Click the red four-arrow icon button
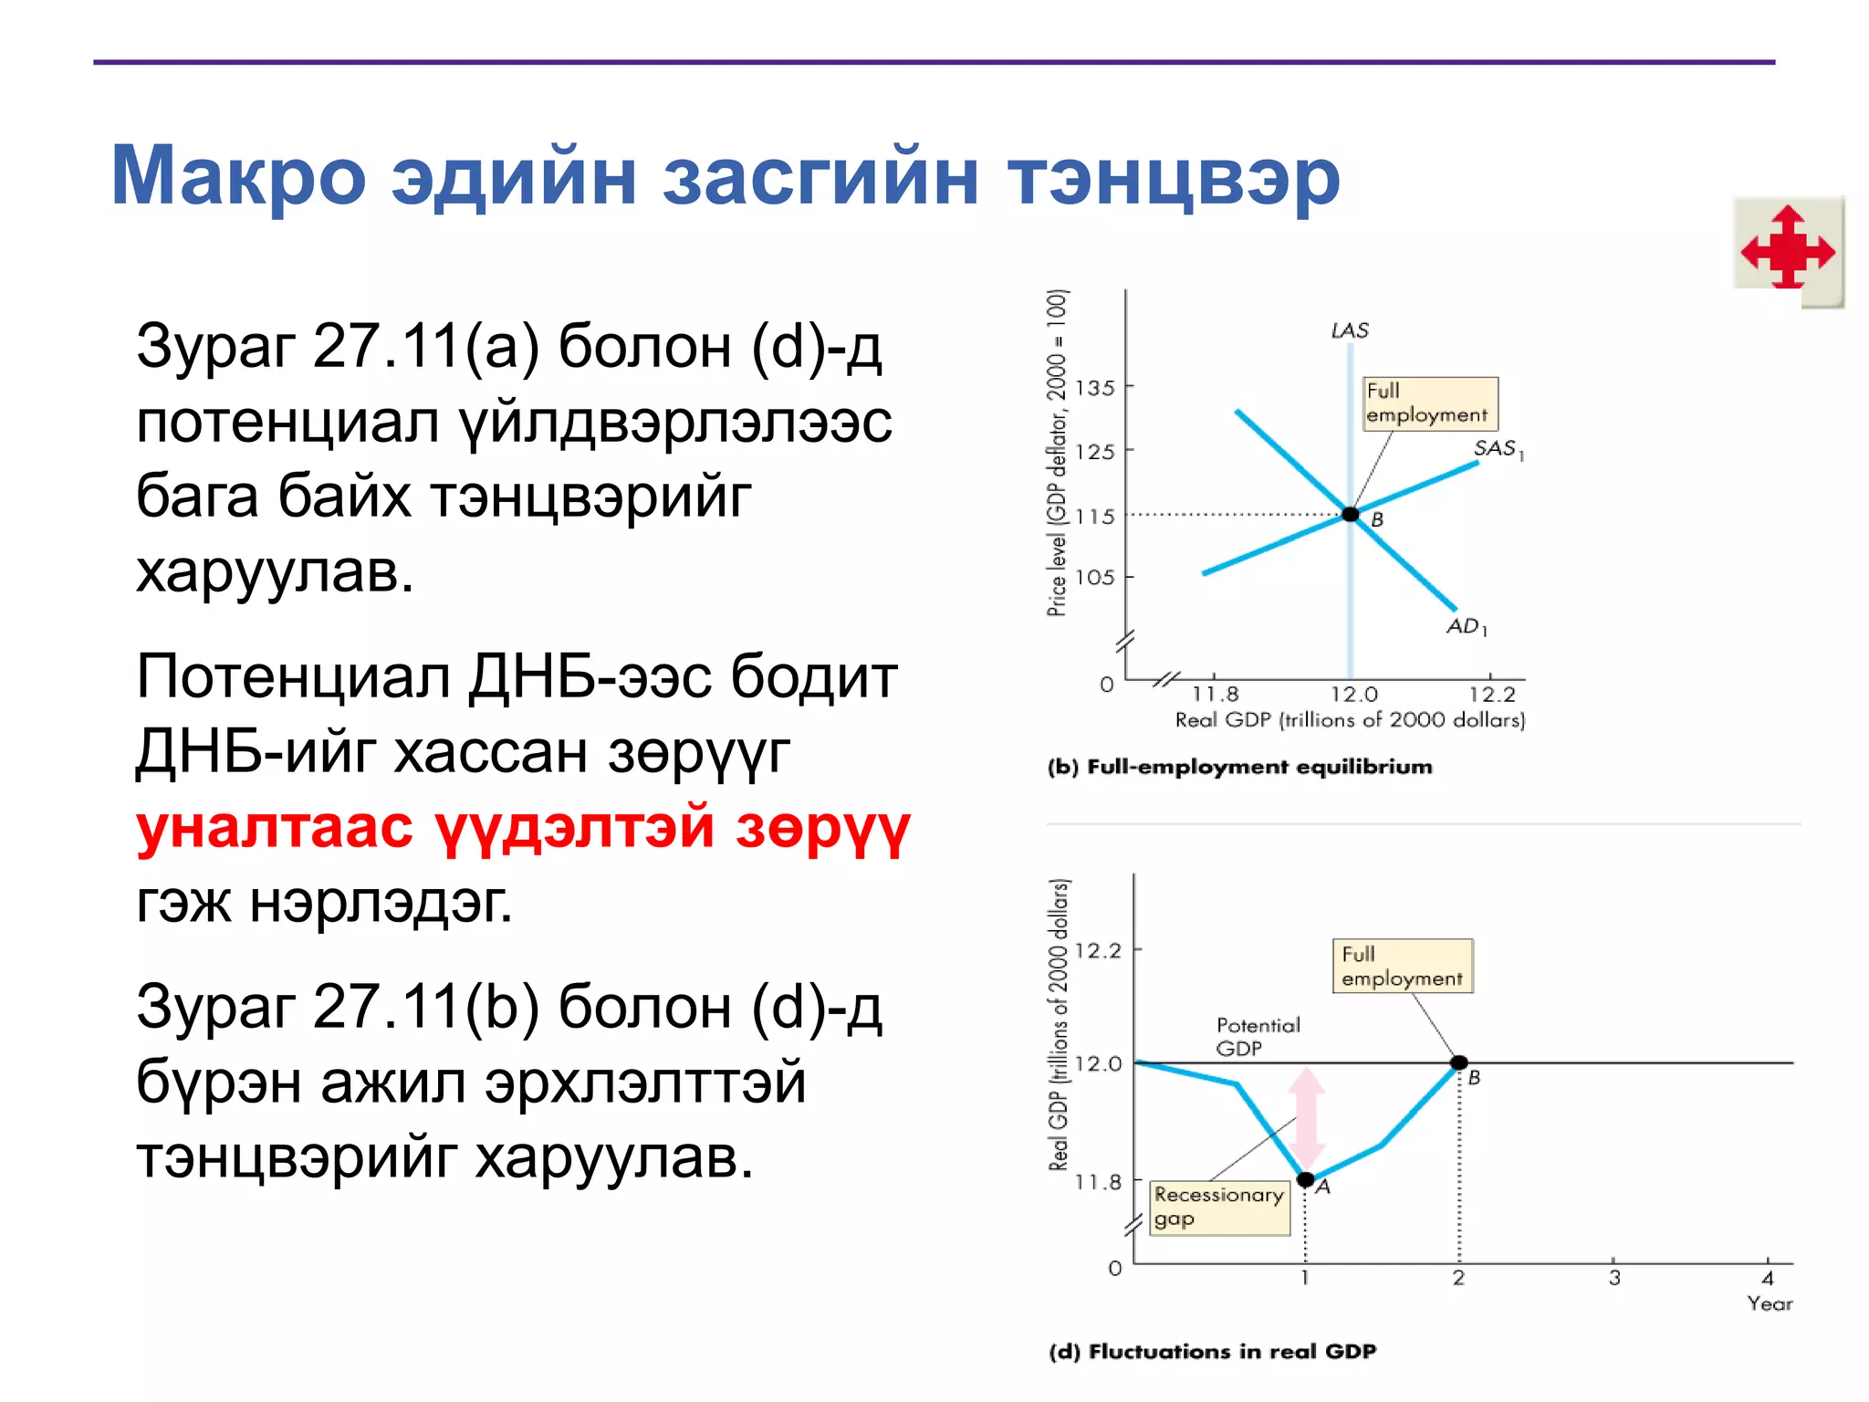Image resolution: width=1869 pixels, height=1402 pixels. pyautogui.click(x=1788, y=248)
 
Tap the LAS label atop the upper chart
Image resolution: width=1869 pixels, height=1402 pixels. pyautogui.click(x=1350, y=330)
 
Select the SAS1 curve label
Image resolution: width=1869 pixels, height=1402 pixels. pyautogui.click(x=1498, y=448)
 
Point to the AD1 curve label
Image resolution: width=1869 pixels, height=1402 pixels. pyautogui.click(x=1467, y=626)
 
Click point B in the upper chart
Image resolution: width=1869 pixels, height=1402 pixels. pyautogui.click(x=1351, y=515)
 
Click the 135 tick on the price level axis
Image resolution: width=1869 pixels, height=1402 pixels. pyautogui.click(x=1095, y=388)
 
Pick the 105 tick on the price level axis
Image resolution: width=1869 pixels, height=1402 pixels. pyautogui.click(x=1095, y=577)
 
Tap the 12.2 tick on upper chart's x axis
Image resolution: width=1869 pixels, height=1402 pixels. pyautogui.click(x=1491, y=695)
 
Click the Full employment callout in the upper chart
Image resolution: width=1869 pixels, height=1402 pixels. pyautogui.click(x=1429, y=403)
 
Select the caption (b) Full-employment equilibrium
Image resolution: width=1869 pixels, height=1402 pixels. pyautogui.click(x=1239, y=767)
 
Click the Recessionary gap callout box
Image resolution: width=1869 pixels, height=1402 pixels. pyautogui.click(x=1218, y=1207)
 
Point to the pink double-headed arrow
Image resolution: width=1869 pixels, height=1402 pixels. pyautogui.click(x=1307, y=1118)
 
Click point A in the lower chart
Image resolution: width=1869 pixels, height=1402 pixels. pyautogui.click(x=1306, y=1180)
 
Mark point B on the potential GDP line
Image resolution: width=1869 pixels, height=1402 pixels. pyautogui.click(x=1459, y=1062)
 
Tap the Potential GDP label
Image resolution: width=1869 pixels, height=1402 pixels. pyautogui.click(x=1257, y=1037)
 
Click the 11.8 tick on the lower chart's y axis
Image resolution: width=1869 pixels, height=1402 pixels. pyautogui.click(x=1098, y=1183)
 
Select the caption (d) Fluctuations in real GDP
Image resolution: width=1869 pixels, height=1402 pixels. pyautogui.click(x=1212, y=1352)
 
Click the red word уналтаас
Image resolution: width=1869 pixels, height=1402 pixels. pyautogui.click(x=274, y=827)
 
